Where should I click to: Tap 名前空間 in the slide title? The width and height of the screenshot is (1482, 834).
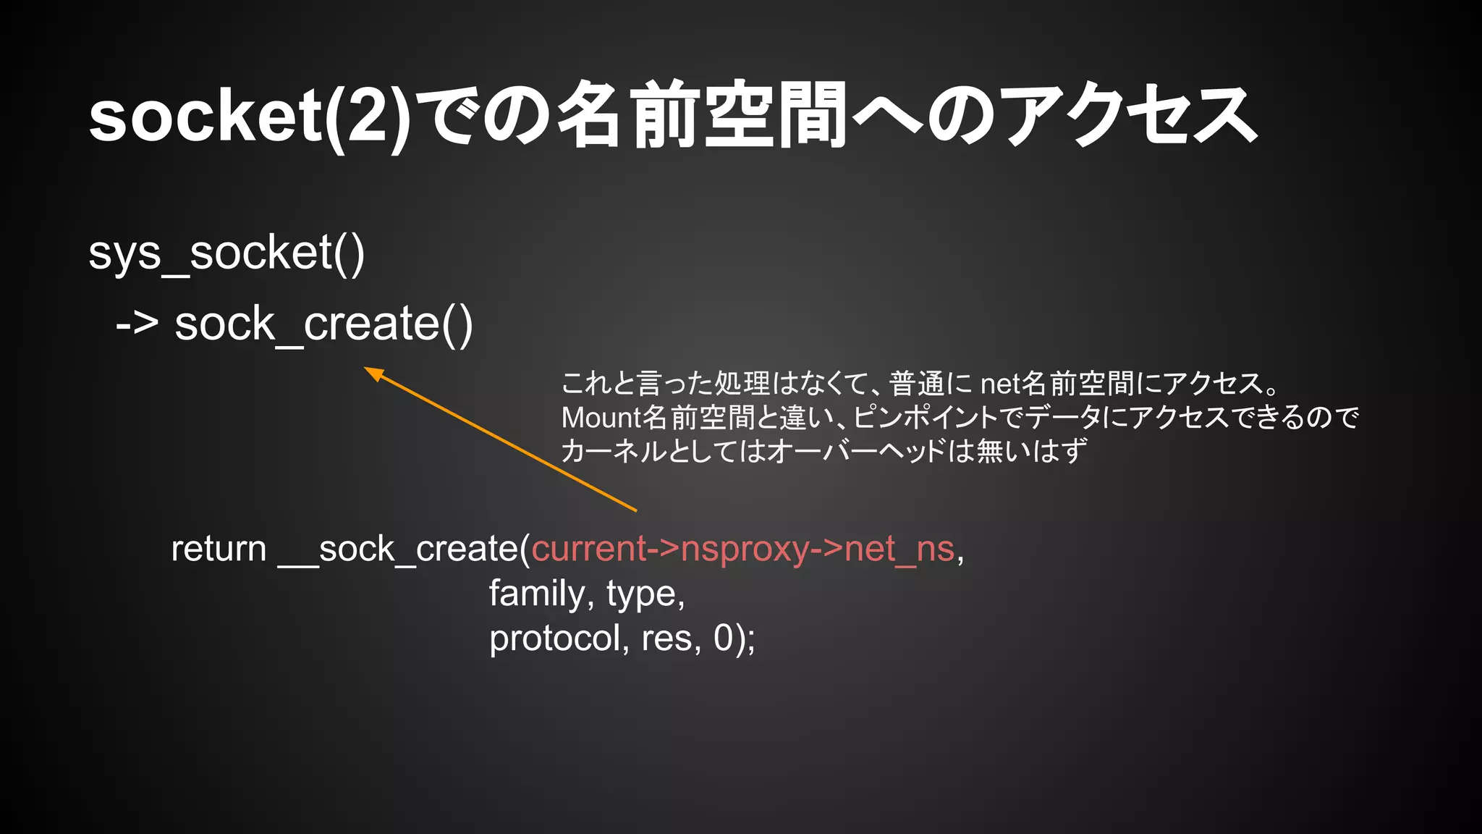tap(702, 116)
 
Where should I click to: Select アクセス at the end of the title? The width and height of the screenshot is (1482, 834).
tap(1129, 116)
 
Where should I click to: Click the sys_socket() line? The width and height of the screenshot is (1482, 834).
tap(226, 253)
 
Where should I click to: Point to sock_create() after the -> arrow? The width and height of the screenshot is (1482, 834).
tap(323, 324)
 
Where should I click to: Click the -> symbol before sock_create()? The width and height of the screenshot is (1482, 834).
tap(137, 324)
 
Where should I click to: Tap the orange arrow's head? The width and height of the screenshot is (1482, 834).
tap(372, 372)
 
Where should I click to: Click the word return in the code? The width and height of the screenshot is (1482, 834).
tap(219, 549)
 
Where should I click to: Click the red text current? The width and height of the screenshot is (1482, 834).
tap(588, 549)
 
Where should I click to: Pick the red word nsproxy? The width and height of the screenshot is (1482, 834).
tap(745, 549)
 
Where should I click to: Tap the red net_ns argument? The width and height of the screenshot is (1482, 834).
tap(899, 549)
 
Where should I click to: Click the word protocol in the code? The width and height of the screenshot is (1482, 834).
tap(554, 639)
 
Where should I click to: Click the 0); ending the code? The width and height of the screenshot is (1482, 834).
tap(734, 639)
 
